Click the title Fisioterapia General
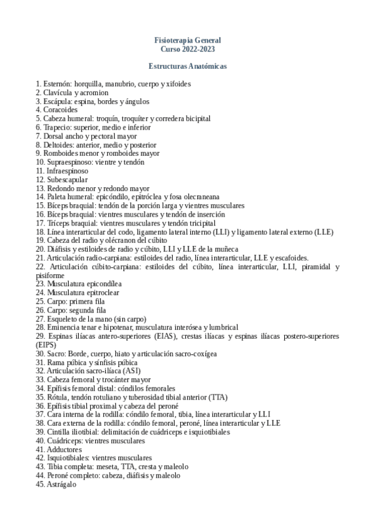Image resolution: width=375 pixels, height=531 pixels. pos(188,40)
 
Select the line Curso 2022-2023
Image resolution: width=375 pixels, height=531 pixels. pos(188,48)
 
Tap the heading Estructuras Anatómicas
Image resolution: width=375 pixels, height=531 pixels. pos(188,66)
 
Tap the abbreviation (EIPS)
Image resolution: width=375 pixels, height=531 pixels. pos(46,345)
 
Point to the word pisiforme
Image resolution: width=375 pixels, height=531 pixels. pos(50,275)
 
